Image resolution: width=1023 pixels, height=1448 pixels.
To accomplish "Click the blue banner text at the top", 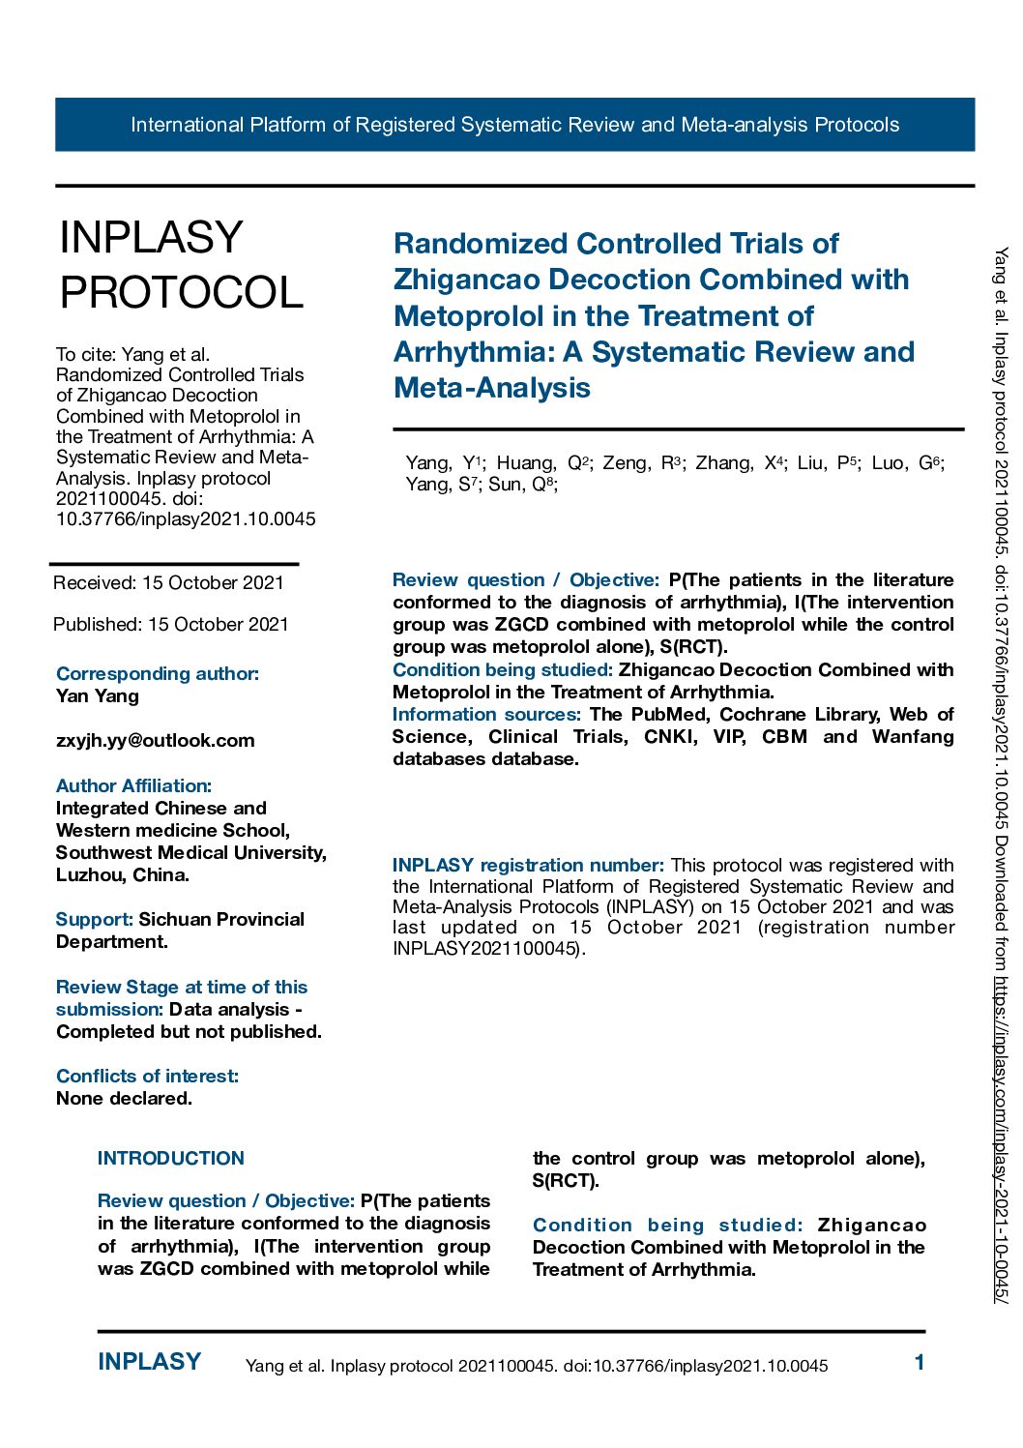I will point(514,125).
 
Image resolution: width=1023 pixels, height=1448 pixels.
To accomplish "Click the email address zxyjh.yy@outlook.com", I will point(155,741).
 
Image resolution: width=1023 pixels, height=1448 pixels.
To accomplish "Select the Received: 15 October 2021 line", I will point(168,583).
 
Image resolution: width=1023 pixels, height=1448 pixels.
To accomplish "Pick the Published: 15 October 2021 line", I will point(170,625).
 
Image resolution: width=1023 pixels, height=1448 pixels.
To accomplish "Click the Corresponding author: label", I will point(157,674).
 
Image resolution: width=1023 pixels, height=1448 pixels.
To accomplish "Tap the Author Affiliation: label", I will point(133,786).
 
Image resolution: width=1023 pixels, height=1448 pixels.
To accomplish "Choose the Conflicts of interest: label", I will point(147,1077).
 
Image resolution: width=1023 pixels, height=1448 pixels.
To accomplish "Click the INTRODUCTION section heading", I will point(170,1159).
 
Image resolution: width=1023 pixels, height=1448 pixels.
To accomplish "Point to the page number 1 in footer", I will point(920,1363).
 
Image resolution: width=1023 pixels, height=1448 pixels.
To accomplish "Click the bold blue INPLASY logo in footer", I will point(149,1362).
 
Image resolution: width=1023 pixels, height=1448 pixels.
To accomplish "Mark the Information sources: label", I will point(485,715).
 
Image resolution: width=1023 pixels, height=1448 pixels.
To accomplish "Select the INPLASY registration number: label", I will point(527,866).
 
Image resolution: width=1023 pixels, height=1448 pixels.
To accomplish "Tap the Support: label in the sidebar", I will point(94,920).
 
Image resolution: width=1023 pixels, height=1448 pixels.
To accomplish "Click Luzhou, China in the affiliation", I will point(122,875).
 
